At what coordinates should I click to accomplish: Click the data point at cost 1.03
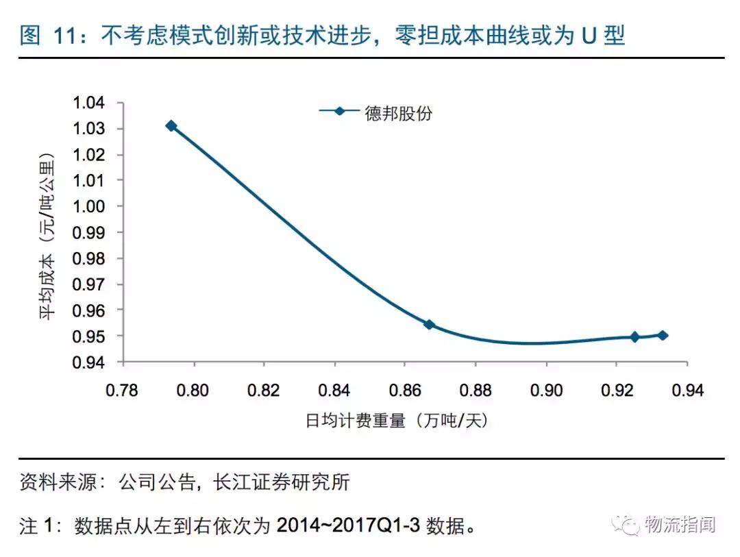(171, 125)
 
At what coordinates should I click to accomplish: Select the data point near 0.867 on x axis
(429, 324)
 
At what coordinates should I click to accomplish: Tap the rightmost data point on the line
(663, 335)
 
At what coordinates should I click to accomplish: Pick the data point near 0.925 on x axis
(634, 336)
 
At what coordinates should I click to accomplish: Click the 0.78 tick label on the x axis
(123, 391)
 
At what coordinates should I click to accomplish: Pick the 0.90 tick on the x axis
(546, 391)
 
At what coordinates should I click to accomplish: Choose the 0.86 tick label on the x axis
(405, 391)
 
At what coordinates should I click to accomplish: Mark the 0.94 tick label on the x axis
(687, 391)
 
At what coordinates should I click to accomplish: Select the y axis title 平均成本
(47, 288)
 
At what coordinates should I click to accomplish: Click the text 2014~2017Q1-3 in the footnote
(349, 526)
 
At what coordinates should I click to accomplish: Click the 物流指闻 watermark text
(680, 525)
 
